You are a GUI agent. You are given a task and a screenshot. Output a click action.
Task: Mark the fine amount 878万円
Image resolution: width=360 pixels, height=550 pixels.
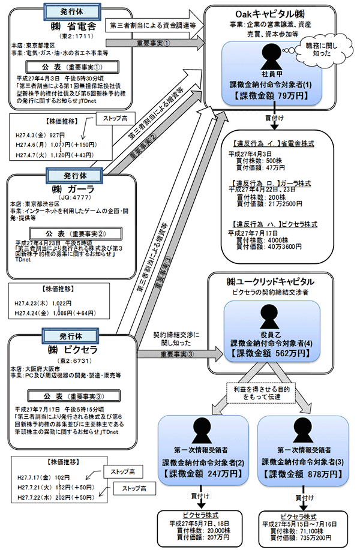click(x=302, y=473)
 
